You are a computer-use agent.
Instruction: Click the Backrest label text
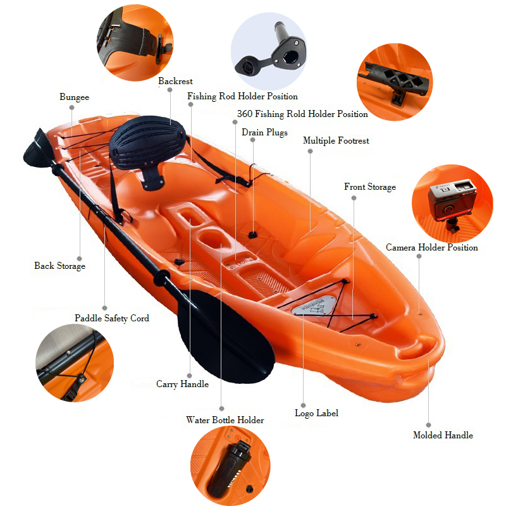coord(175,81)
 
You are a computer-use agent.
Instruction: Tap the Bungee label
coord(74,97)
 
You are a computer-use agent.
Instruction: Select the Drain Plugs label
coord(264,132)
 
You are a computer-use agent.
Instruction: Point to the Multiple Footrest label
coord(336,140)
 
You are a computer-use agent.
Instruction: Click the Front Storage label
coord(370,187)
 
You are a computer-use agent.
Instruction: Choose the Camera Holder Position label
coord(432,247)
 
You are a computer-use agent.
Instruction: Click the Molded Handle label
coord(443,435)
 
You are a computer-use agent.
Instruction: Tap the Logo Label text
coord(317,413)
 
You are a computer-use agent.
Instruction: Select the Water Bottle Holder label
coord(225,420)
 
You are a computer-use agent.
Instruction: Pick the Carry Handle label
coord(182,384)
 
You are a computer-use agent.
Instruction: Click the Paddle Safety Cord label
coord(112,318)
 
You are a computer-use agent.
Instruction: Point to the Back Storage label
coord(59,266)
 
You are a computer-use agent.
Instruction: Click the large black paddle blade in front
coord(226,336)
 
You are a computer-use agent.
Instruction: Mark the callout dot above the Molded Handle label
coord(429,425)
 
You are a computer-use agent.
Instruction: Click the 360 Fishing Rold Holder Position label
coord(302,114)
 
